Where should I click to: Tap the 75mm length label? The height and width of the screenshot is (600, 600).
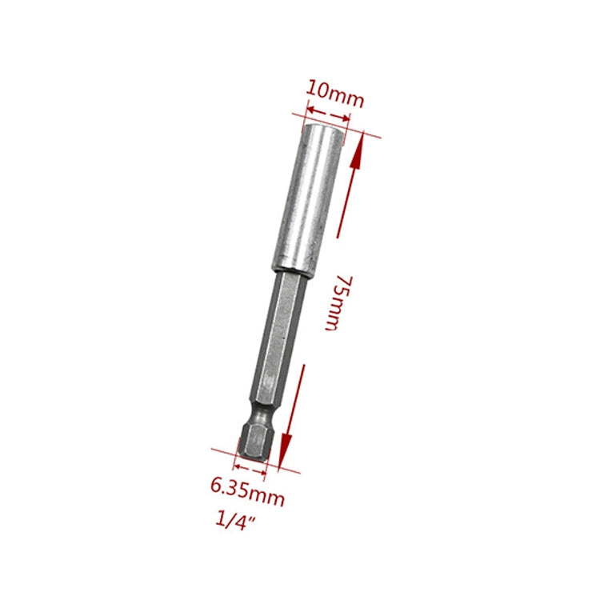[x=336, y=302]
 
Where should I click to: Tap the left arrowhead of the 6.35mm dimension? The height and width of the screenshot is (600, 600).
[x=238, y=461]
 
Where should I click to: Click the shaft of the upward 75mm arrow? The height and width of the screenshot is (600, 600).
[x=348, y=192]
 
